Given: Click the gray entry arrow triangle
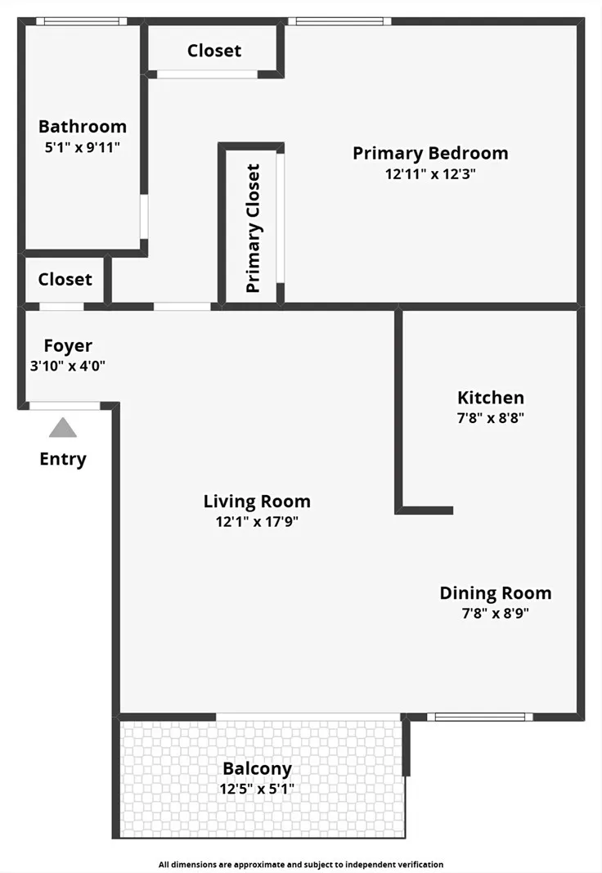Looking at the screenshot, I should click(63, 428).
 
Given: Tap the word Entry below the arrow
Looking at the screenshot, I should click(63, 459).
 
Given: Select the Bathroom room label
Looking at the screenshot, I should click(83, 127).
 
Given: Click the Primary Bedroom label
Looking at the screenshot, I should click(430, 153).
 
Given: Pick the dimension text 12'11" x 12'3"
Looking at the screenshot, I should click(430, 173).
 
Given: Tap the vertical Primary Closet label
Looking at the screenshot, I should click(254, 228).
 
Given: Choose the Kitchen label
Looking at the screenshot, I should click(491, 398).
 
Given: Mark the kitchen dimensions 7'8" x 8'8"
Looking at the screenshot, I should click(491, 418).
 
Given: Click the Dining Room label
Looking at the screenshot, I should click(496, 593).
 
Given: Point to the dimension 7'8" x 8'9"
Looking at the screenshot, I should click(496, 614).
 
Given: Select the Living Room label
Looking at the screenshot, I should click(257, 502).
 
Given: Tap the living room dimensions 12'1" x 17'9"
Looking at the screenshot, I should click(257, 522).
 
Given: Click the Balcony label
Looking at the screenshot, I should click(257, 769).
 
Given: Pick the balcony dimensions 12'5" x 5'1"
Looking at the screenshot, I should click(257, 790).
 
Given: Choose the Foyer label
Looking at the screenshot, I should click(68, 346).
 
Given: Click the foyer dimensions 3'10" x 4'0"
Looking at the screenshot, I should click(68, 367).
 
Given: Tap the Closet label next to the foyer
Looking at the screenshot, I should click(65, 279).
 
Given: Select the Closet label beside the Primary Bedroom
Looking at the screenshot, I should click(214, 51).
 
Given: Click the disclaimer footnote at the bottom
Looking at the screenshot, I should click(301, 864).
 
